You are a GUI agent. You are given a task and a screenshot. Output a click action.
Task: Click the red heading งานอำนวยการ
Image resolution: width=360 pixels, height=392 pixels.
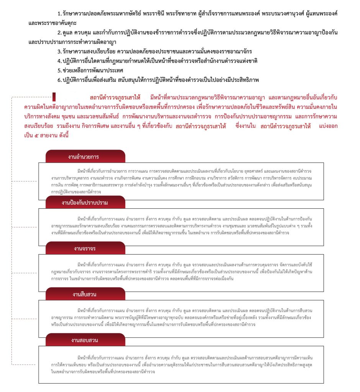pos(84,157)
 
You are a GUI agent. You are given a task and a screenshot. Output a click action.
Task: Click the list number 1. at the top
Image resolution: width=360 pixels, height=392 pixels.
pos(59,13)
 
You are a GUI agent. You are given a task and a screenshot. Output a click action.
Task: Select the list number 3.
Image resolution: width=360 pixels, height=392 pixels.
pos(59,51)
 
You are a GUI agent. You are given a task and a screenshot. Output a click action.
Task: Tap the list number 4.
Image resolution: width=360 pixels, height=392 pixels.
pos(59,61)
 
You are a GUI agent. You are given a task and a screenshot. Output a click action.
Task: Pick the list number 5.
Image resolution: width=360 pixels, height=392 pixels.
pos(59,70)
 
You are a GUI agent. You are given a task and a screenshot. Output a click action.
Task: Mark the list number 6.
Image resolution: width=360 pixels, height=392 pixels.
pos(59,80)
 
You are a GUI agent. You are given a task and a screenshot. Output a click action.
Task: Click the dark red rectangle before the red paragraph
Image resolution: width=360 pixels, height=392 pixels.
pos(54,96)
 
